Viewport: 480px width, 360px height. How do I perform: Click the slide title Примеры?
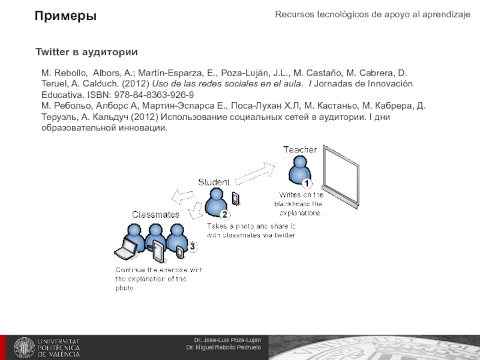click(x=65, y=16)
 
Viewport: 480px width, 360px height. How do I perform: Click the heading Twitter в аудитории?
click(x=86, y=53)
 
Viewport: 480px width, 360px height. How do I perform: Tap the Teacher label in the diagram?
click(x=299, y=149)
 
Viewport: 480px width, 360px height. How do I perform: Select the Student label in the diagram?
click(x=214, y=182)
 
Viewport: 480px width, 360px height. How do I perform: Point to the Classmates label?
click(x=155, y=214)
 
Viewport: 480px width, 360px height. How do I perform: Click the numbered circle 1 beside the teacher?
click(x=306, y=183)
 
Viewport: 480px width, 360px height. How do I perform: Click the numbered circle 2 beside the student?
click(x=224, y=214)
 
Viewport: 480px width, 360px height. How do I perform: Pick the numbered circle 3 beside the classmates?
click(x=192, y=246)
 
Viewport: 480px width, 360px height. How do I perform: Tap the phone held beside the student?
click(x=236, y=198)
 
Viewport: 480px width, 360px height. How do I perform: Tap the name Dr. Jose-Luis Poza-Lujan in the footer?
click(x=227, y=340)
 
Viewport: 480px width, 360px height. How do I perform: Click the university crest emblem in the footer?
click(x=25, y=347)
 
